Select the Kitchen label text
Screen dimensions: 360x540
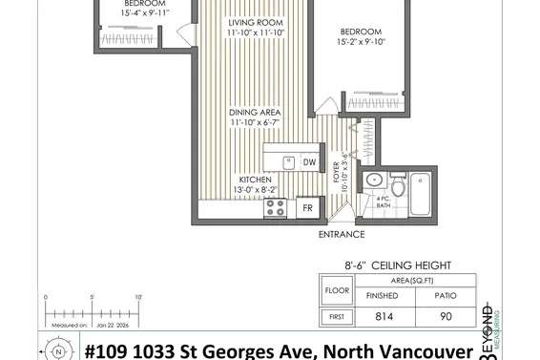[255, 180]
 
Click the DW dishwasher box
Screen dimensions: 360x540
[309, 162]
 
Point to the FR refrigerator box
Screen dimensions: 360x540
[307, 206]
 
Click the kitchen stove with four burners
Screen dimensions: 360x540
[276, 206]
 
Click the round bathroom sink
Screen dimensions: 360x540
[374, 180]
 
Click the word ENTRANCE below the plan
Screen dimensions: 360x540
[341, 234]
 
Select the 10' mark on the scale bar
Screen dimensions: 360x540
[137, 298]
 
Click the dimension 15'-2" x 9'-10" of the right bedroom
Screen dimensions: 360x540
[360, 41]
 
